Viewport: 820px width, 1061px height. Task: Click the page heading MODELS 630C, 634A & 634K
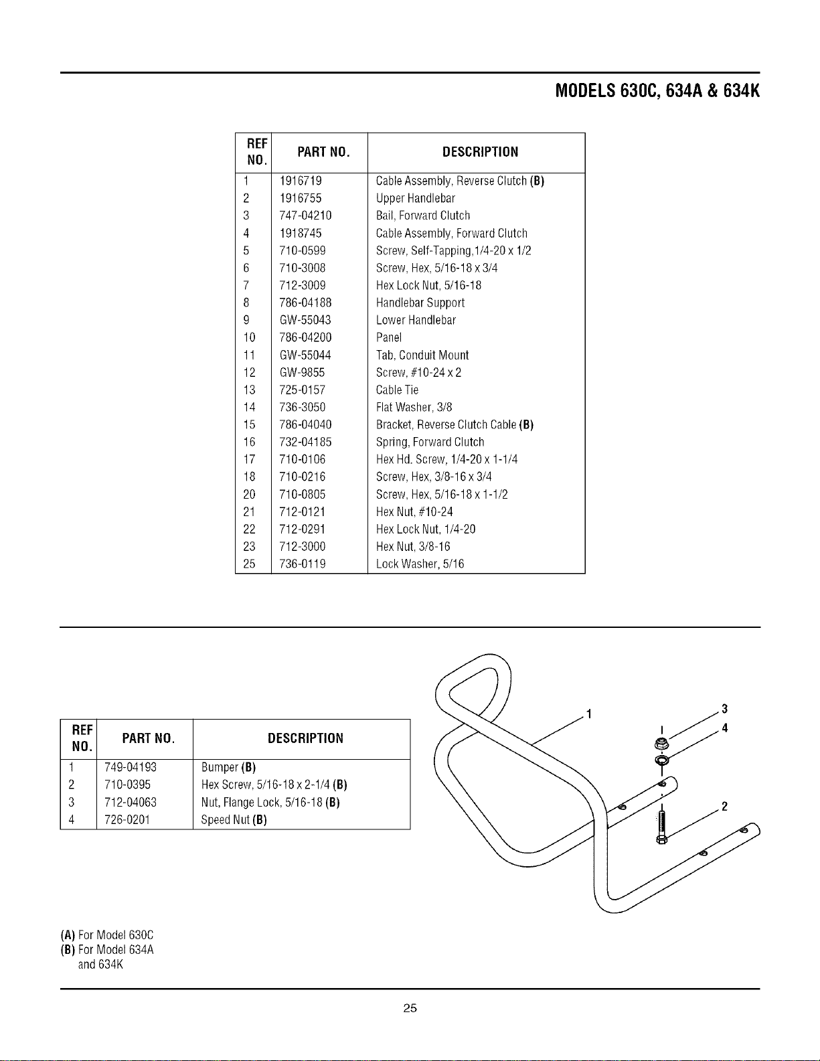click(657, 91)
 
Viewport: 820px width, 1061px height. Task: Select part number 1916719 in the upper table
click(301, 181)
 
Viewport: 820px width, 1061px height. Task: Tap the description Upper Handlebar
click(416, 198)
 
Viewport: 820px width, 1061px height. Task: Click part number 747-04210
click(305, 216)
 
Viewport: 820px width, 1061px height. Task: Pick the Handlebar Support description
click(420, 303)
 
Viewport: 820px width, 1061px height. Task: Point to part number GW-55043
click(305, 320)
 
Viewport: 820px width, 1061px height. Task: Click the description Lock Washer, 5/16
click(420, 564)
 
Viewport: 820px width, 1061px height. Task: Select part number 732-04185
click(305, 442)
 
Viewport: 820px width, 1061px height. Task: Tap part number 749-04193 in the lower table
click(131, 767)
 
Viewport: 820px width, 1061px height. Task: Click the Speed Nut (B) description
click(234, 819)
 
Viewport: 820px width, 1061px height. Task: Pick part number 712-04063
click(131, 802)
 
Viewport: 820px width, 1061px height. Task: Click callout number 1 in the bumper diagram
click(589, 714)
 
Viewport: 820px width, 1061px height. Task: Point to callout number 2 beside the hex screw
click(724, 806)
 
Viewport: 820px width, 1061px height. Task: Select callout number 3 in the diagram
click(725, 708)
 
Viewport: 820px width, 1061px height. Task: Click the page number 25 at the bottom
click(410, 1007)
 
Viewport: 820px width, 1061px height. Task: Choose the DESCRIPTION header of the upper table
click(481, 152)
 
